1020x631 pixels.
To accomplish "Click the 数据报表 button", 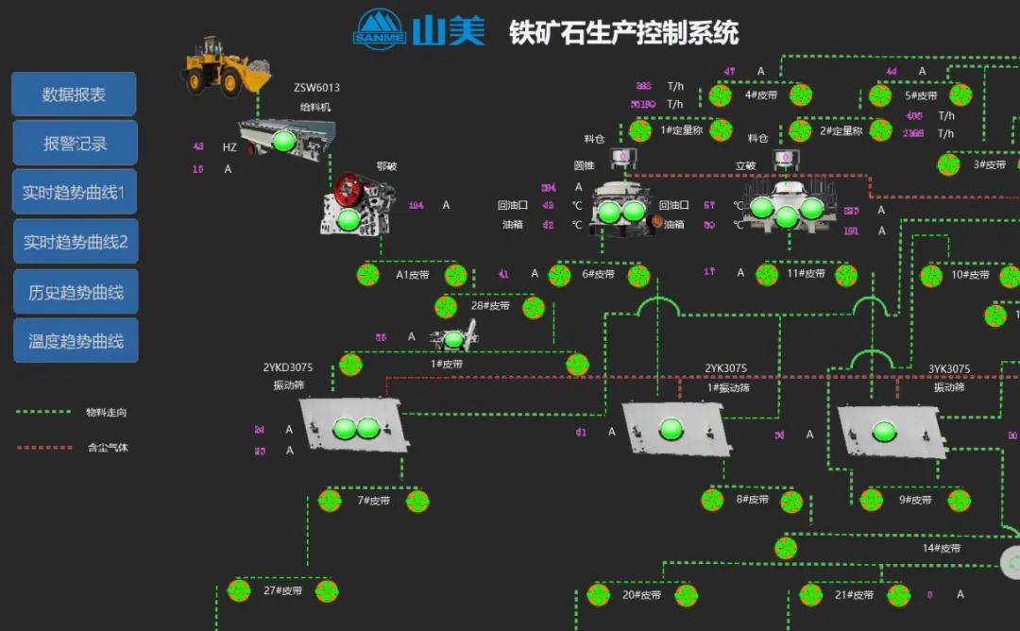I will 74,94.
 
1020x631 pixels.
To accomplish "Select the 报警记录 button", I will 75,144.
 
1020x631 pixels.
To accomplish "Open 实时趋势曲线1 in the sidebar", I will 74,193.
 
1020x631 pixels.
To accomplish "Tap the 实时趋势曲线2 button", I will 75,242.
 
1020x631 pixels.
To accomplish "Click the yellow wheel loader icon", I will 224,65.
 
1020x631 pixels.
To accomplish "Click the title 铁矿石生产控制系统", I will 624,33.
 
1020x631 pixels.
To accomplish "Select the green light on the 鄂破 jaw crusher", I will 348,219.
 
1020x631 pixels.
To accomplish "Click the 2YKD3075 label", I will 287,368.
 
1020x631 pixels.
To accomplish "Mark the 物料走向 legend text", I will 106,413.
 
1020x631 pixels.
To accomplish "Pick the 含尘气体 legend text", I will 106,448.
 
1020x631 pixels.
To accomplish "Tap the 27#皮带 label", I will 282,591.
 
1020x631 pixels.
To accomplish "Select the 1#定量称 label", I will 680,130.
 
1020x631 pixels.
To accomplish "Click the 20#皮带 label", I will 641,595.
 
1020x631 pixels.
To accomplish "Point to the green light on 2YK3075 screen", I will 671,428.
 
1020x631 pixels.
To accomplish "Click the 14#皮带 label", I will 941,548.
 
